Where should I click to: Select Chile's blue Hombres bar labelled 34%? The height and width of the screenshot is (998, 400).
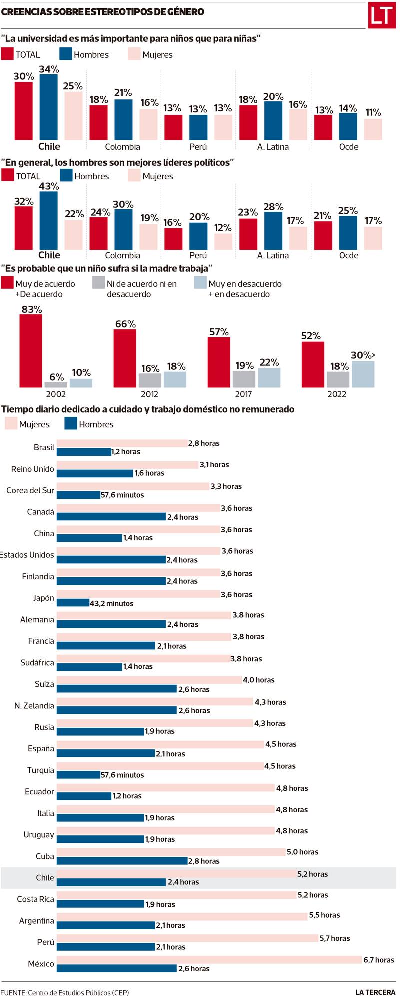(49, 107)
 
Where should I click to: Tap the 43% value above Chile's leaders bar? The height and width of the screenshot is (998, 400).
(49, 186)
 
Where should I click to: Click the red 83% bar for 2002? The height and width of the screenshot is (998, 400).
(31, 351)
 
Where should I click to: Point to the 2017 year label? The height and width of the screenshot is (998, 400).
(243, 394)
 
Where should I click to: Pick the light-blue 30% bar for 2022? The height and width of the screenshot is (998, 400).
(363, 374)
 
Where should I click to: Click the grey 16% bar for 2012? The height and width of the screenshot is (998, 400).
(150, 380)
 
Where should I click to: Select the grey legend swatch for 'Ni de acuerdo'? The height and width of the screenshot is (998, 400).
(98, 283)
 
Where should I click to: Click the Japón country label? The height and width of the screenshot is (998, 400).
(44, 598)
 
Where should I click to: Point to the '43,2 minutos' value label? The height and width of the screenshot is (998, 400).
(112, 604)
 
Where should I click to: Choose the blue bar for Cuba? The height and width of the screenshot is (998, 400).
(122, 861)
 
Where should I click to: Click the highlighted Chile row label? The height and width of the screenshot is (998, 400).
(45, 878)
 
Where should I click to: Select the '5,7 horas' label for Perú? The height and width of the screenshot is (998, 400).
(335, 938)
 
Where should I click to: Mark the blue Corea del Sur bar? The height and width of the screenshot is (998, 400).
(78, 495)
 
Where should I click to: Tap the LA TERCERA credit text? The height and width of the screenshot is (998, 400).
(375, 992)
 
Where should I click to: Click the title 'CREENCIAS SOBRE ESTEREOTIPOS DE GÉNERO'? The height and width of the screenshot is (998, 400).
(103, 12)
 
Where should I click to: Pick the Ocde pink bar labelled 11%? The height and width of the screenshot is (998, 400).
(373, 129)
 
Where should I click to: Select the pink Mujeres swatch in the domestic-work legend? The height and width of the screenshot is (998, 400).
(11, 424)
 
